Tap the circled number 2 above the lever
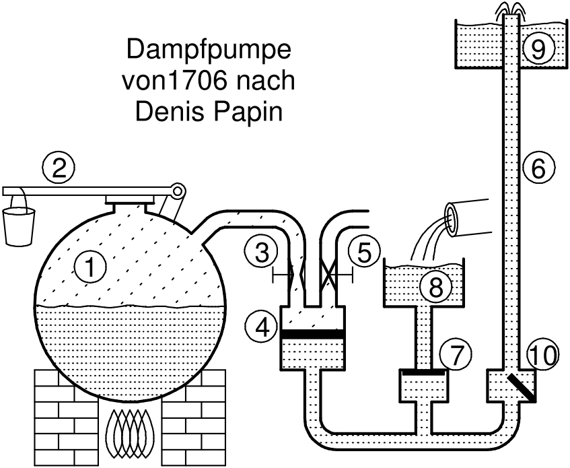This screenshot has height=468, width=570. [x=59, y=167]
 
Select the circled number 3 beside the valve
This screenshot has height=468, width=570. [x=259, y=253]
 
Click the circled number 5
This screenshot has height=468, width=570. [x=364, y=253]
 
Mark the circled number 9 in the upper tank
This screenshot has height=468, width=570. [x=538, y=46]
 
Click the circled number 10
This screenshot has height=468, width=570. [x=542, y=355]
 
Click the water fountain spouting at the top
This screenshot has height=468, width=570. [x=511, y=9]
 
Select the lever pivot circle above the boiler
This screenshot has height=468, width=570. [x=178, y=191]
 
